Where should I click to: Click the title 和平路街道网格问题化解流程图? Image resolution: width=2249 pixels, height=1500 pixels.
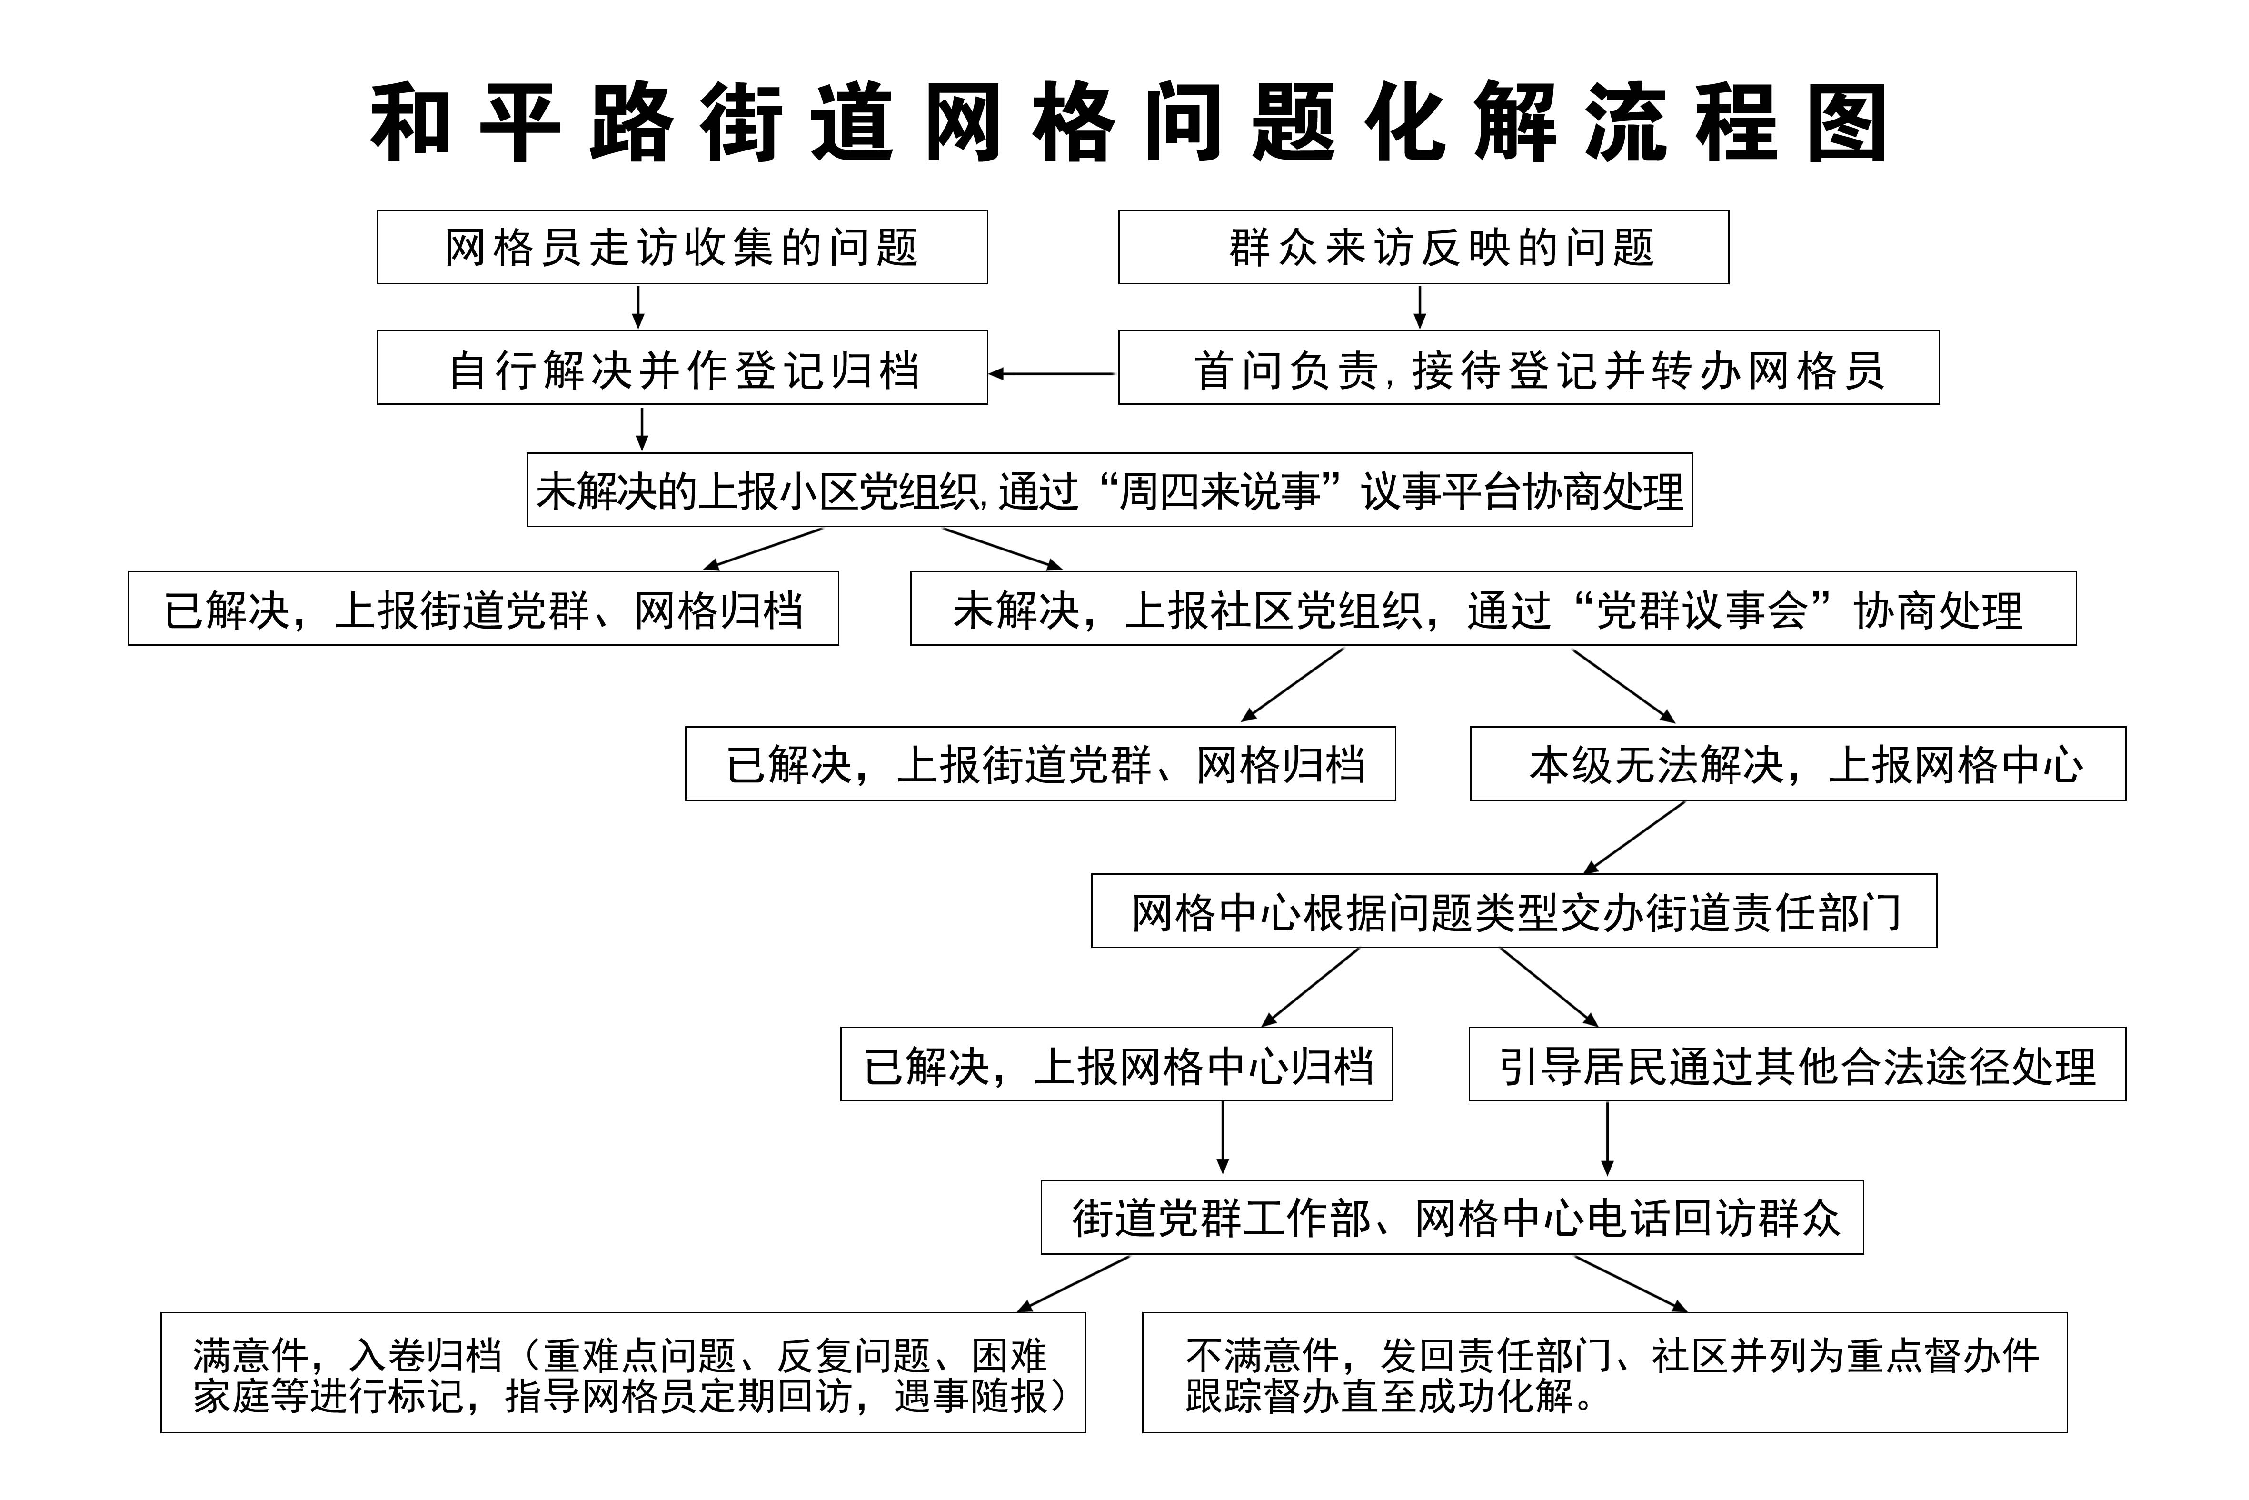[1128, 122]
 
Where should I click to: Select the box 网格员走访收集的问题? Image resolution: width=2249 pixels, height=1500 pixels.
[682, 247]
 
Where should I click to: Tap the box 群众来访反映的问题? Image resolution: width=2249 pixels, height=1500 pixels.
[1423, 247]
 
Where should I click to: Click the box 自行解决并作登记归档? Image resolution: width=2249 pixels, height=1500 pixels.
[682, 367]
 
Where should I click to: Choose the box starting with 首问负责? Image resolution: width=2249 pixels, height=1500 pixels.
[1528, 367]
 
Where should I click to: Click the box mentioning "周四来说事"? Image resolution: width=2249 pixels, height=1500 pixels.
[1109, 490]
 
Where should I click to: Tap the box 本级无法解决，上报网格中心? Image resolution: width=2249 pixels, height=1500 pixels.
[1798, 763]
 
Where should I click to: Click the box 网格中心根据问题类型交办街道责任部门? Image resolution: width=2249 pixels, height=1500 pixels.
[1513, 910]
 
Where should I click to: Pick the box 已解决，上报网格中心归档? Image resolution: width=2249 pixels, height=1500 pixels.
[1116, 1064]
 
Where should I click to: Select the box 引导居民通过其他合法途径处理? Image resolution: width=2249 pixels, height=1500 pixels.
[1797, 1064]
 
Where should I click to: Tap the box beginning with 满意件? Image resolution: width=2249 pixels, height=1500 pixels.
[623, 1372]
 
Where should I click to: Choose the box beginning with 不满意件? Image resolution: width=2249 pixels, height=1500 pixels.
[1604, 1372]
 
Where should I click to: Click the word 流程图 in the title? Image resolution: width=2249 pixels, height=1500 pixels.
[1735, 122]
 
